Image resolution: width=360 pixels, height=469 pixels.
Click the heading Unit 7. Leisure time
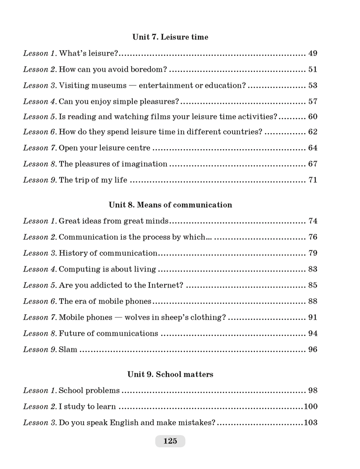click(170, 37)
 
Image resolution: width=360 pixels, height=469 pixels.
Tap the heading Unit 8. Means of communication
click(170, 205)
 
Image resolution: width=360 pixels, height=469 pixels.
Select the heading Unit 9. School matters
click(170, 374)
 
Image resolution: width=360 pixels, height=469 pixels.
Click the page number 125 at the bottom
click(170, 441)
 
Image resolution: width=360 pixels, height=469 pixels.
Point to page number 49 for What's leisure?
click(313, 53)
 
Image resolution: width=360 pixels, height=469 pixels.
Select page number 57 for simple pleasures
click(313, 101)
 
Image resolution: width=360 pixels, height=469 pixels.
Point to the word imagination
click(145, 164)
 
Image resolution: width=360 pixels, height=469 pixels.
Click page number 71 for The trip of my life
click(313, 180)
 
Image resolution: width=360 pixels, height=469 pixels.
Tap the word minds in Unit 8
click(157, 221)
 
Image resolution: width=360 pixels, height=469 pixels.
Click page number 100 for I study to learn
click(311, 406)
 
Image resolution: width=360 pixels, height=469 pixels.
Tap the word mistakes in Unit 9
click(197, 422)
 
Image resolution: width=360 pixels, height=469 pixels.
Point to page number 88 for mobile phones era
click(313, 301)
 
